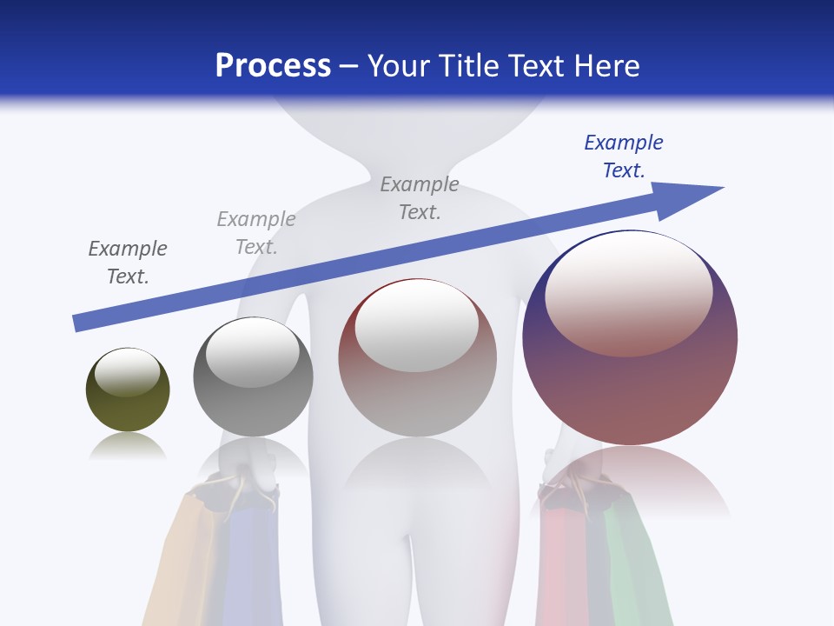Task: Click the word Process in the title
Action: coord(273,65)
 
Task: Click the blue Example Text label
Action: coord(623,156)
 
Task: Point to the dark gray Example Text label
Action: coord(128,262)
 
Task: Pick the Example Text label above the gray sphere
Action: coord(256,233)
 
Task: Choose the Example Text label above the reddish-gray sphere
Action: coord(420,197)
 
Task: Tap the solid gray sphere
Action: coord(253,409)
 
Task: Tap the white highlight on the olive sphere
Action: coord(127,372)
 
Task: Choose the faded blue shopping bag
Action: coord(248,565)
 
